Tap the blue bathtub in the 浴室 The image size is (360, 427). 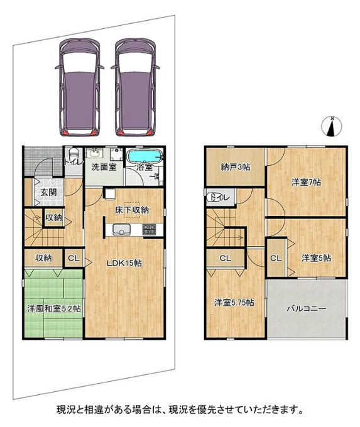click(x=145, y=156)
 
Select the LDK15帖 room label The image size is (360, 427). click(x=124, y=263)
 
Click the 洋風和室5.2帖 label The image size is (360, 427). click(x=53, y=309)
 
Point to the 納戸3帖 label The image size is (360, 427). click(x=235, y=167)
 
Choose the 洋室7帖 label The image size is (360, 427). click(x=306, y=182)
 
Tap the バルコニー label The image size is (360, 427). click(x=307, y=309)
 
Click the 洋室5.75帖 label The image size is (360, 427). click(x=234, y=302)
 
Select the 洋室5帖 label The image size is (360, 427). click(x=316, y=258)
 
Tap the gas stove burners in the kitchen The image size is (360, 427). click(x=149, y=229)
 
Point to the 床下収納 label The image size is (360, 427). click(x=132, y=210)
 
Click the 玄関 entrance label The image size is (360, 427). click(x=49, y=192)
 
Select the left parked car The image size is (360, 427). click(x=79, y=87)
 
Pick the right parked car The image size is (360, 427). click(x=135, y=87)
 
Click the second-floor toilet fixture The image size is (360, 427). click(x=214, y=197)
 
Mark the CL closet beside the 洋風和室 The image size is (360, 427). click(x=74, y=258)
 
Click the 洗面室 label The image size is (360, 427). click(x=104, y=167)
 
